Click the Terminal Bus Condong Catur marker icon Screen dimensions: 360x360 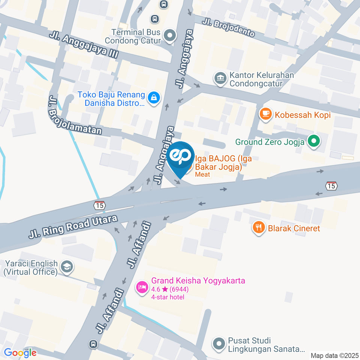[x=170, y=36]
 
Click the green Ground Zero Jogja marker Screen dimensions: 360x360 [x=313, y=142]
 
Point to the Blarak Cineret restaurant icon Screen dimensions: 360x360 [x=259, y=228]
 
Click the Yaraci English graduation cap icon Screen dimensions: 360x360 [x=67, y=267]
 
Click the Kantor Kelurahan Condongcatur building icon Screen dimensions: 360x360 [x=220, y=79]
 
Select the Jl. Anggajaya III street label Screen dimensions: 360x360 [x=84, y=46]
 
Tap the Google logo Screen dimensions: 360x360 [x=20, y=352]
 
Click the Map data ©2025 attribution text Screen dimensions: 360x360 [x=335, y=355]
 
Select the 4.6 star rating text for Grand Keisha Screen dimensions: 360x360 [x=170, y=289]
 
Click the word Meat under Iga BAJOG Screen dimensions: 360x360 [x=202, y=175]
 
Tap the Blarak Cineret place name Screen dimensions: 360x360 [x=294, y=228]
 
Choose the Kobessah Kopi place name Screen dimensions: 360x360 [x=303, y=115]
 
